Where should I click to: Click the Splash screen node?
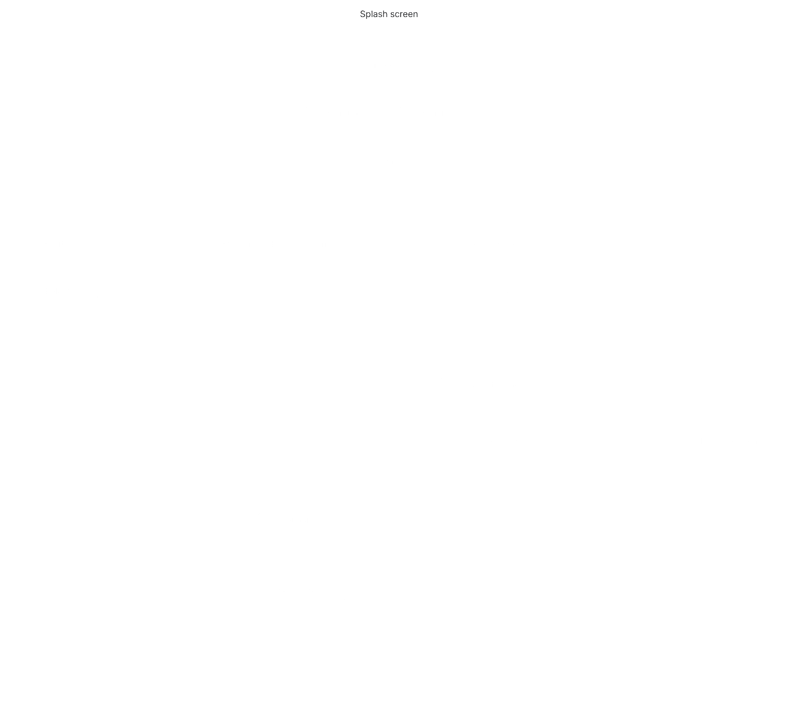[389, 14]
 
